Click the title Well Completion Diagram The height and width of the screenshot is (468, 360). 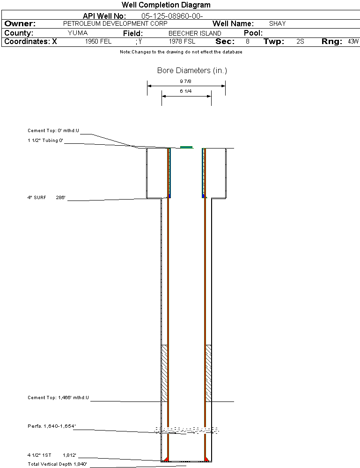[166, 5]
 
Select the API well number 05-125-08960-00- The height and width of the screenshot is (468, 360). [172, 16]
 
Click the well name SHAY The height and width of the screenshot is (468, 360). [277, 23]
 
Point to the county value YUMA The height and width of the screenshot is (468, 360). [78, 33]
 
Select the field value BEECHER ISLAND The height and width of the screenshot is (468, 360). [195, 33]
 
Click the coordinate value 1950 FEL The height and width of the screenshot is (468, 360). [98, 41]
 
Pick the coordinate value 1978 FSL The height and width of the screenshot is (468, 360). [182, 41]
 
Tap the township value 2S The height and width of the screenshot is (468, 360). [301, 41]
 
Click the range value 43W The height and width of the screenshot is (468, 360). [353, 41]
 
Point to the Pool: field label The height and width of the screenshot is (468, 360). [253, 33]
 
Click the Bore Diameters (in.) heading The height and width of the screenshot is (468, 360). [192, 71]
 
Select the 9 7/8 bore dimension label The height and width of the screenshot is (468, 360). [186, 81]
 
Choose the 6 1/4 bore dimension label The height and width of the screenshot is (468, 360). [186, 91]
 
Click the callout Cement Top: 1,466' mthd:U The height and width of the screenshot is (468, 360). [58, 398]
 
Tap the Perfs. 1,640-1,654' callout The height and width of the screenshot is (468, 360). [51, 426]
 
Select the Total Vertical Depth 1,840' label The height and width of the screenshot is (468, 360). [57, 464]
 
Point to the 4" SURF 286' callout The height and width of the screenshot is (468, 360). [46, 197]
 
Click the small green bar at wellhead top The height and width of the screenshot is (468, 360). [186, 147]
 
